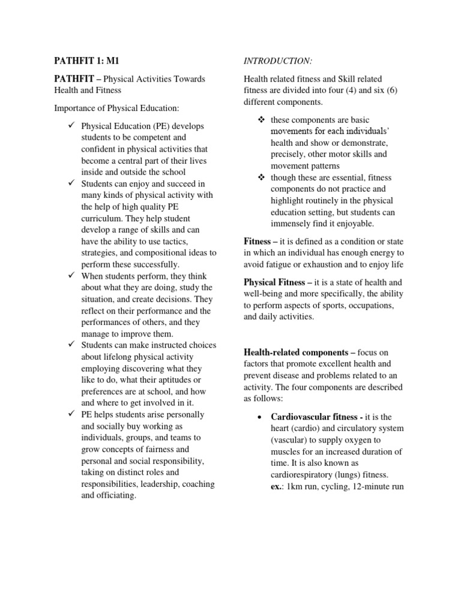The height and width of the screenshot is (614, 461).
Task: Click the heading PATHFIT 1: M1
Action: tap(88, 61)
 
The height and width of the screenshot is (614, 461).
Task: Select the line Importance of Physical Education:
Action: tap(116, 108)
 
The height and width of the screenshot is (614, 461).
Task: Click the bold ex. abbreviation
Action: tap(277, 486)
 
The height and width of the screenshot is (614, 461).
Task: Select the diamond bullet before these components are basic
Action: tap(261, 120)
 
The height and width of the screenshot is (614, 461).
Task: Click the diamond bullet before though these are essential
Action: tap(261, 177)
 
